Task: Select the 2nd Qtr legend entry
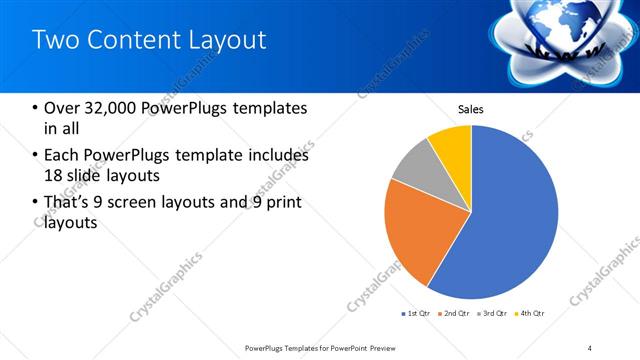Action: [453, 314]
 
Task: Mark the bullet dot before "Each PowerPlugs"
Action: [36, 156]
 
